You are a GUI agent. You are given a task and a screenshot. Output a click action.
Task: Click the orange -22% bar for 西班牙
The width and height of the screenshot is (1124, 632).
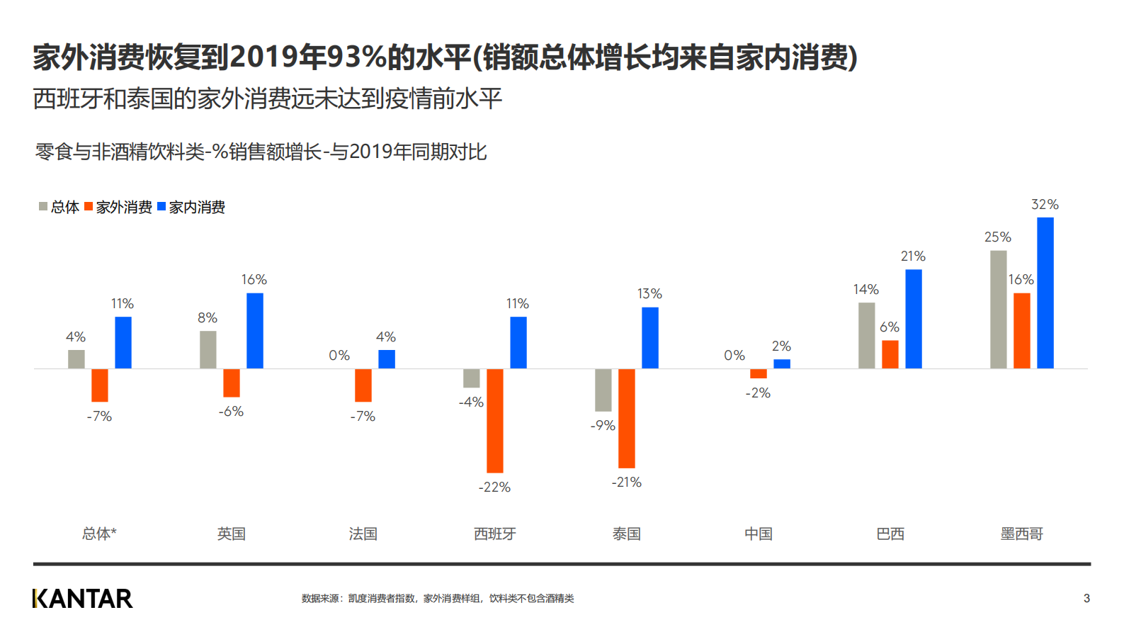pos(494,420)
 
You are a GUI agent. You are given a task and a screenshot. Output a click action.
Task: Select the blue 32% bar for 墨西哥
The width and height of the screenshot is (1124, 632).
pos(1045,293)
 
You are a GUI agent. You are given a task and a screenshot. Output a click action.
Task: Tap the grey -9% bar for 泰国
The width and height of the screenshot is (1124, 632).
pos(603,390)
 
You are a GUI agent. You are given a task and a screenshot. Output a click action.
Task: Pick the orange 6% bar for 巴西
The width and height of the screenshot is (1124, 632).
pos(890,354)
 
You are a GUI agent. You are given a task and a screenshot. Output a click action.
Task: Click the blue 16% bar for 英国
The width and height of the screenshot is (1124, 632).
pos(254,330)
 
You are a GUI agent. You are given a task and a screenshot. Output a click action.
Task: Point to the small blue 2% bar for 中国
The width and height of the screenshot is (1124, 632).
pos(781,363)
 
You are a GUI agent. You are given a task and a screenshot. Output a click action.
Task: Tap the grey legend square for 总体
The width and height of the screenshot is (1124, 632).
pos(43,207)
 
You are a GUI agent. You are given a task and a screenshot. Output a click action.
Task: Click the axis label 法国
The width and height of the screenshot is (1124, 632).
pos(363,534)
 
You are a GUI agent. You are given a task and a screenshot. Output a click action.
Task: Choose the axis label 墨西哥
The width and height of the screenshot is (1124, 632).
pos(1021,534)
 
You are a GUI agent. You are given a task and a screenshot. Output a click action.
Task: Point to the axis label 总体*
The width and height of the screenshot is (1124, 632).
pos(99,534)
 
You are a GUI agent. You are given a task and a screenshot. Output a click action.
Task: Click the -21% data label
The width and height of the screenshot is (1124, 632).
pos(626,483)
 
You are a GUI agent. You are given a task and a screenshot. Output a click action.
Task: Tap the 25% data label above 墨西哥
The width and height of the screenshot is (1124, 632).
pos(997,237)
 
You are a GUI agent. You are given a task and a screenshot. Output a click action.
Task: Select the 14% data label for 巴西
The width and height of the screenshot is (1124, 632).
pos(865,290)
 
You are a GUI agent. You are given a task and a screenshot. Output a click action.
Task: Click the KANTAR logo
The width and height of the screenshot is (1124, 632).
pos(82,599)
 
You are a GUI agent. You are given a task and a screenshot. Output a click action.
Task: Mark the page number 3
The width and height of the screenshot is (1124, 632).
pos(1086,599)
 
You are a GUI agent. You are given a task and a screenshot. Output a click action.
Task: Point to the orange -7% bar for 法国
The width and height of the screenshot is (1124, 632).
pos(363,385)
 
